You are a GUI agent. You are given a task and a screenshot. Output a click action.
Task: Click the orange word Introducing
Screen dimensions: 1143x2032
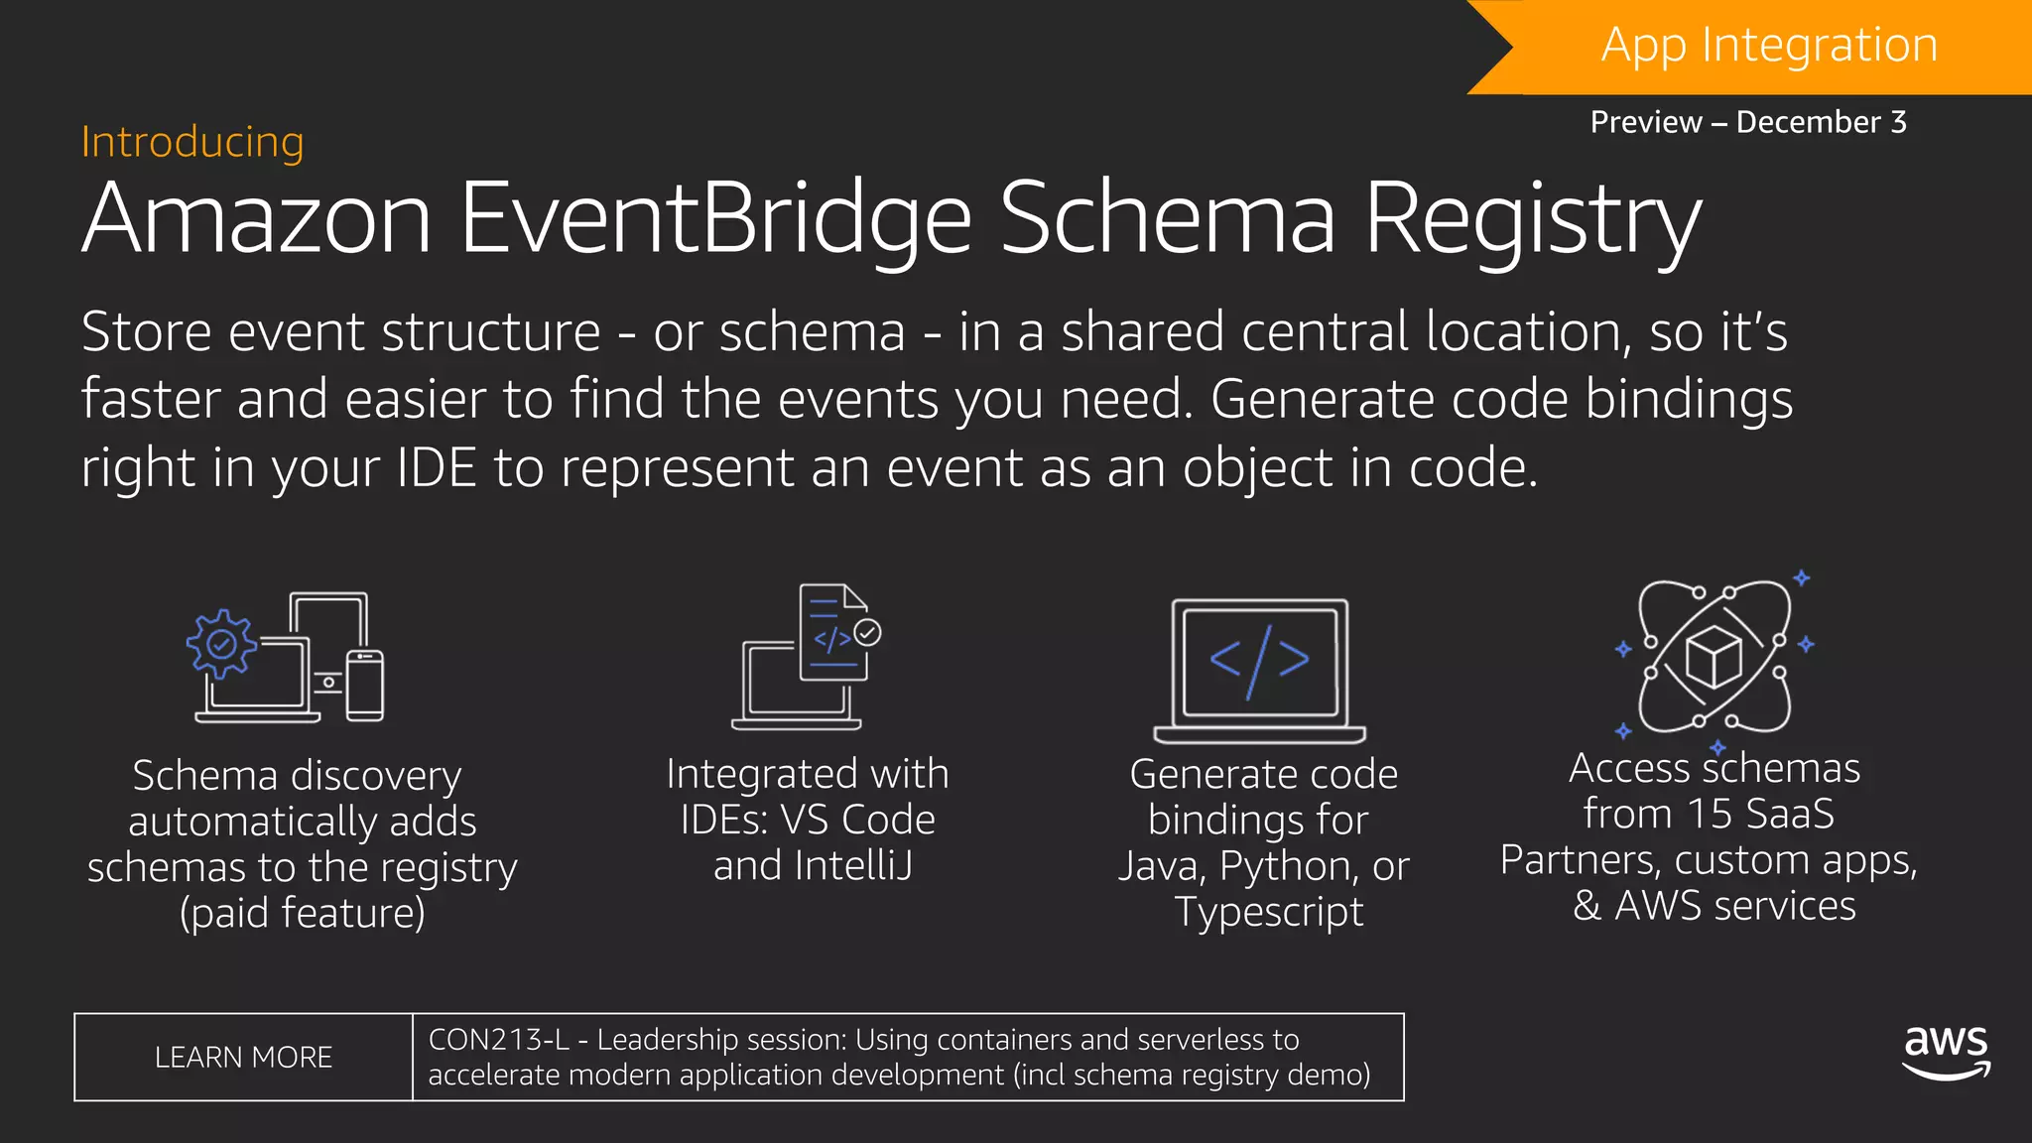(192, 142)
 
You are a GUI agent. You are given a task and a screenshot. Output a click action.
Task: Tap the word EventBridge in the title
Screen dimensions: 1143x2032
(714, 218)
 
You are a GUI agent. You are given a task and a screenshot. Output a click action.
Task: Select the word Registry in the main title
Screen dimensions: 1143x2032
(1533, 220)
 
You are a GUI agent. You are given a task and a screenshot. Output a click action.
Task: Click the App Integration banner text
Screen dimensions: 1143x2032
(1769, 46)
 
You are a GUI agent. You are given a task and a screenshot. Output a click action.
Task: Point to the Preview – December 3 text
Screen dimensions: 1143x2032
(1748, 122)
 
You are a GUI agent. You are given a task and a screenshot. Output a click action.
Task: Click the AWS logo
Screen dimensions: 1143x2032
(1946, 1052)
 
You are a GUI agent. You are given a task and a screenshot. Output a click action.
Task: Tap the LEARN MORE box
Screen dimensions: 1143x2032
(243, 1058)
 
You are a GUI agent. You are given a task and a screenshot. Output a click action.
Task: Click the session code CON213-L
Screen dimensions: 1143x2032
(498, 1040)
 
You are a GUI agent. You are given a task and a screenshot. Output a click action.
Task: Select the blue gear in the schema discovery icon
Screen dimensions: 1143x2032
(221, 644)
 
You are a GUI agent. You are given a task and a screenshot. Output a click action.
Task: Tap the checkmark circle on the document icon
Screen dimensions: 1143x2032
(867, 632)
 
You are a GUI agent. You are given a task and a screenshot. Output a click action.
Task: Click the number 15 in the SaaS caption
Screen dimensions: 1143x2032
(1710, 814)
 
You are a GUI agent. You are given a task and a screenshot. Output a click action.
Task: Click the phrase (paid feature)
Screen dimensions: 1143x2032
(302, 913)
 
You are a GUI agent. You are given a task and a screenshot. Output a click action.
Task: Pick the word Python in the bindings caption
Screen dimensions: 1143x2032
(1288, 866)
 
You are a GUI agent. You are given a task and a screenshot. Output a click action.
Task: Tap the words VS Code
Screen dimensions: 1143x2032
(857, 820)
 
